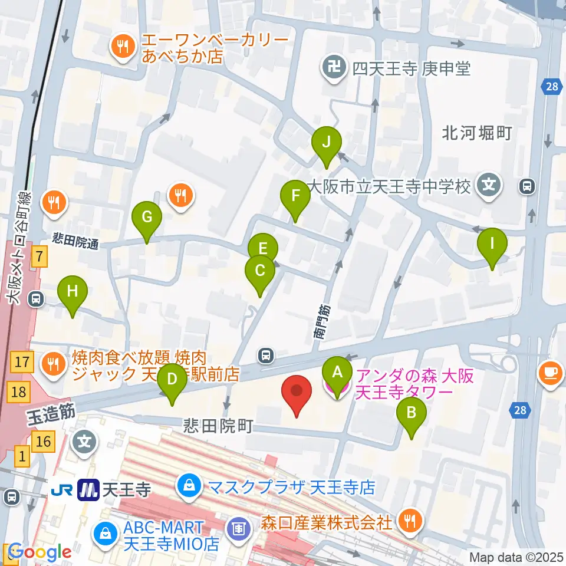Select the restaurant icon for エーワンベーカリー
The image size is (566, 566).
coord(122,48)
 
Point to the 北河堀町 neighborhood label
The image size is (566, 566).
coord(476,133)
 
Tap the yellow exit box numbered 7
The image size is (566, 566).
coord(39,256)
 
